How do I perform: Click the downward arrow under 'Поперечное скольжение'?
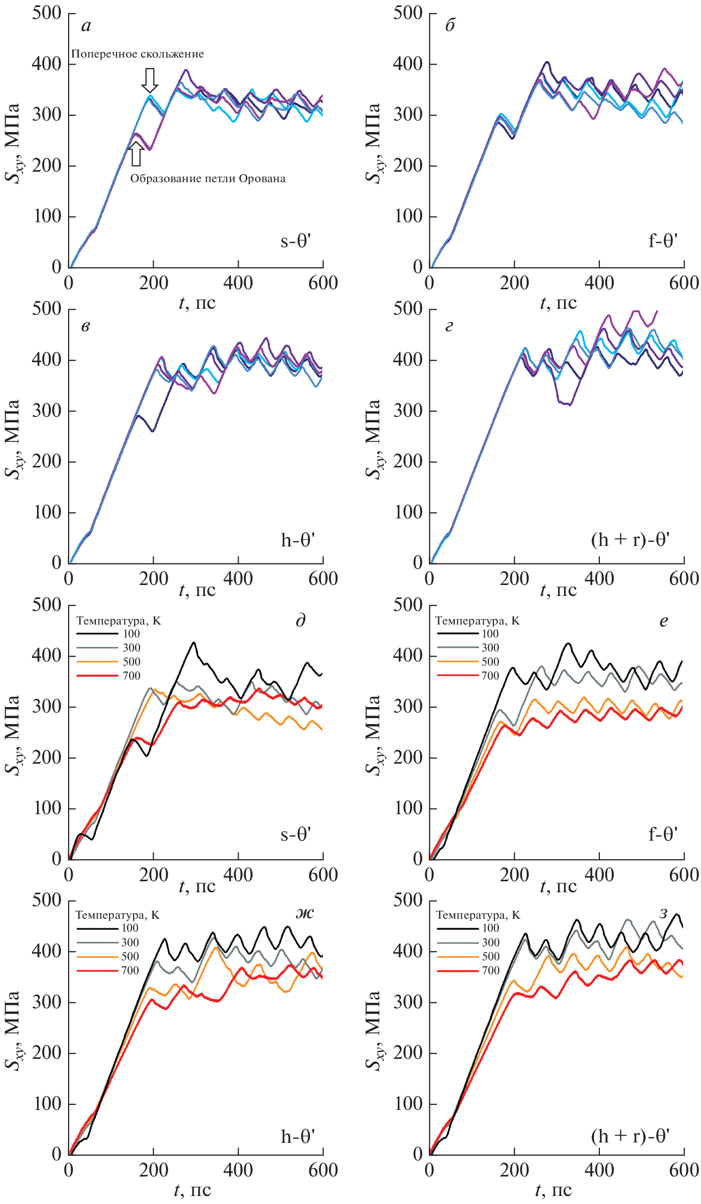[150, 80]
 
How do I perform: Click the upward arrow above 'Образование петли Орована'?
[136, 154]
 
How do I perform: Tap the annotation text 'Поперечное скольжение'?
[137, 54]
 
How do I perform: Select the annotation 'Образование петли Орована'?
[208, 179]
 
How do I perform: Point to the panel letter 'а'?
[86, 26]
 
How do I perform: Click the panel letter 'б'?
[450, 26]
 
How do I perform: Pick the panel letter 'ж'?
[304, 913]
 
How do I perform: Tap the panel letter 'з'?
[663, 913]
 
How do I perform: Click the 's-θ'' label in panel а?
[296, 242]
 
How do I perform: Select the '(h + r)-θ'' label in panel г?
[630, 540]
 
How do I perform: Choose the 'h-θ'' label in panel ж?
[298, 1136]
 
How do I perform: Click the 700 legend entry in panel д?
[108, 676]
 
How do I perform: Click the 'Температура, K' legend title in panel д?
[119, 621]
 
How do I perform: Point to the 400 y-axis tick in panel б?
[408, 64]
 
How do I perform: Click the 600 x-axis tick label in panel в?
[323, 579]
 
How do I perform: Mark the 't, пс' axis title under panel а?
[197, 303]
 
